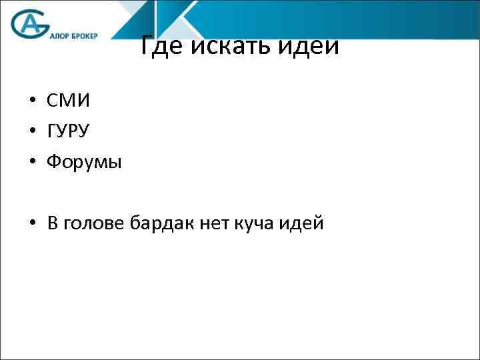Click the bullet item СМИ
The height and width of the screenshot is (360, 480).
(x=68, y=101)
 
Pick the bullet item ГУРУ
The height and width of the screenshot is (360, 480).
(x=68, y=131)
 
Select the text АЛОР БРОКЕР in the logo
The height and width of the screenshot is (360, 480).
(x=74, y=37)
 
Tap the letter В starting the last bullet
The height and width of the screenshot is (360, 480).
(x=53, y=224)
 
